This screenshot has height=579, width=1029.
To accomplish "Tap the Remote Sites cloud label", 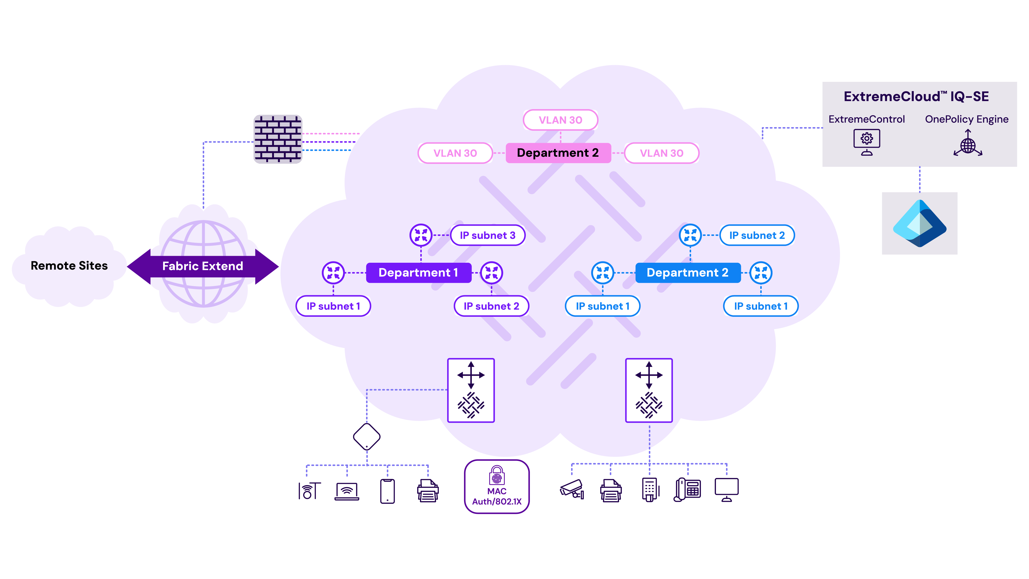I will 69,266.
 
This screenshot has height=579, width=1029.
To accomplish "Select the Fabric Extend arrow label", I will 202,266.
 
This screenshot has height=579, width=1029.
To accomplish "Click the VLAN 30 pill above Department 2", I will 561,120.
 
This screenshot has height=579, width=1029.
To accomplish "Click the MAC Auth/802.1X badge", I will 496,487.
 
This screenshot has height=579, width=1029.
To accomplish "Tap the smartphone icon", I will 387,491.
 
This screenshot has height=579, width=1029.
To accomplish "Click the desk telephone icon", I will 687,489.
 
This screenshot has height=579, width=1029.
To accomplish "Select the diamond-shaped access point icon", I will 366,437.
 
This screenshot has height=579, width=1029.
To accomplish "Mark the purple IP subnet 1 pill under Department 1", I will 333,306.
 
